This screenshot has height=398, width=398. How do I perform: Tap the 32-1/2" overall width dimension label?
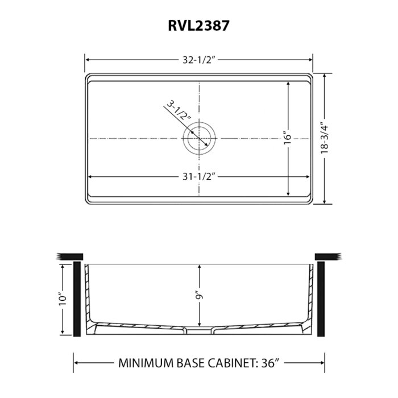click(x=198, y=59)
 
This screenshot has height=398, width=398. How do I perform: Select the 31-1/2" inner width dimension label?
click(x=198, y=176)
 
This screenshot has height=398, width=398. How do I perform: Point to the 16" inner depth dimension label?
click(x=289, y=138)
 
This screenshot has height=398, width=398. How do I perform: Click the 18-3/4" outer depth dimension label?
click(x=325, y=138)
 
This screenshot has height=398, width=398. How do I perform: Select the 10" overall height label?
click(x=62, y=297)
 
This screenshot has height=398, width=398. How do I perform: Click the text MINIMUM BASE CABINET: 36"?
click(x=198, y=362)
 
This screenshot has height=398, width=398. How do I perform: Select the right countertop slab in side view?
click(x=327, y=256)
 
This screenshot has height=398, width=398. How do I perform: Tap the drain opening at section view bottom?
click(x=198, y=328)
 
